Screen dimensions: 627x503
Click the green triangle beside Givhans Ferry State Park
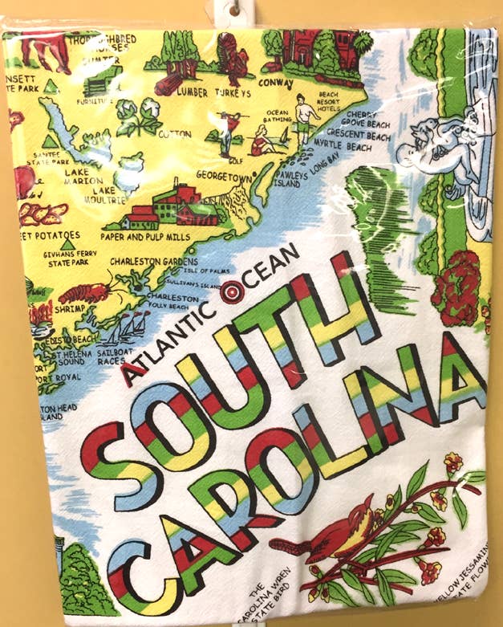click(x=68, y=238)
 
